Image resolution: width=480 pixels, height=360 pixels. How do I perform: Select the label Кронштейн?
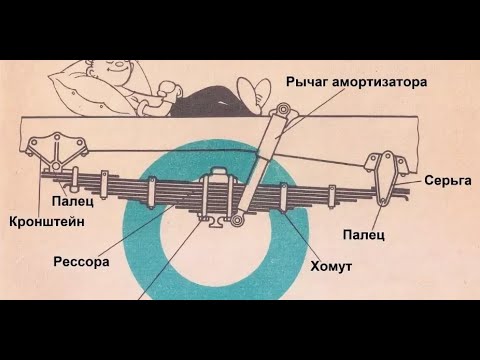pos(39,220)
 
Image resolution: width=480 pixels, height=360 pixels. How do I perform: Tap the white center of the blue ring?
pos(210,255)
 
